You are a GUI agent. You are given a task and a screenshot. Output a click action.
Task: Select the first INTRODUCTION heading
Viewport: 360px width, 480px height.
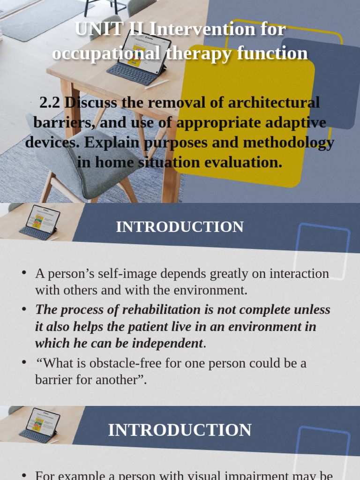point(180,227)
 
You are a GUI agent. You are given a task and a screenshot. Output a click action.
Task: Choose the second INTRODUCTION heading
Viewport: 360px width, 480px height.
point(180,430)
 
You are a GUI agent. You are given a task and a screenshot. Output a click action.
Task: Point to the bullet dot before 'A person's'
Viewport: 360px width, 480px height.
point(23,273)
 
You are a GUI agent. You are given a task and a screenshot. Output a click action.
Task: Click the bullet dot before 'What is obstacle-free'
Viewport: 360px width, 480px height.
point(23,362)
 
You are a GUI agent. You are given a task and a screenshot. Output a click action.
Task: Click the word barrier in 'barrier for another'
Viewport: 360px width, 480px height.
point(55,380)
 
